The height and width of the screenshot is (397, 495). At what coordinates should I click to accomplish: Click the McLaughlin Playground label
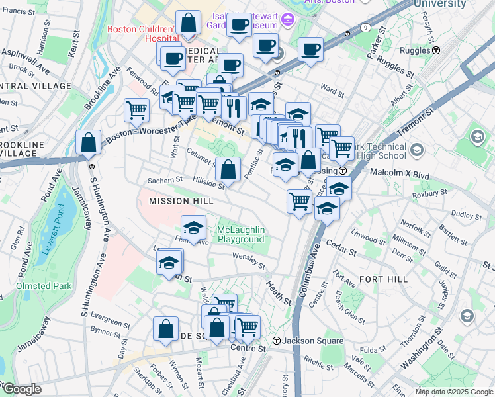(241, 234)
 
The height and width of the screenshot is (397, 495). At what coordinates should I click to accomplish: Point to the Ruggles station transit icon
(437, 50)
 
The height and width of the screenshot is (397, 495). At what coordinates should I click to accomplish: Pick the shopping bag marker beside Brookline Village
(88, 143)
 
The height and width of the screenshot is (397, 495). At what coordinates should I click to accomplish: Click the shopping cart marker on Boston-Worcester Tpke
(136, 110)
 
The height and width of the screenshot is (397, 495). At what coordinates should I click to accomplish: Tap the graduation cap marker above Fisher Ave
(193, 228)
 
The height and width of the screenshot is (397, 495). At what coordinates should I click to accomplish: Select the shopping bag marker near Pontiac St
(228, 169)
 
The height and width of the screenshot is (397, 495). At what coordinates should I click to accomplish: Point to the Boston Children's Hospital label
(141, 34)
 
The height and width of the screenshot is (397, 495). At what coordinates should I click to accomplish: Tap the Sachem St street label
(165, 180)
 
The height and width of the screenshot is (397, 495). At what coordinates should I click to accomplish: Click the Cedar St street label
(341, 251)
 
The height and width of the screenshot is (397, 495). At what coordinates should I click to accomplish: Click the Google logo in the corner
(21, 389)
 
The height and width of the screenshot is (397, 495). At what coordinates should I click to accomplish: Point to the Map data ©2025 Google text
(453, 392)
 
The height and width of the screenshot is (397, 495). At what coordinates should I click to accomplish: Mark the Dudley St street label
(467, 216)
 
